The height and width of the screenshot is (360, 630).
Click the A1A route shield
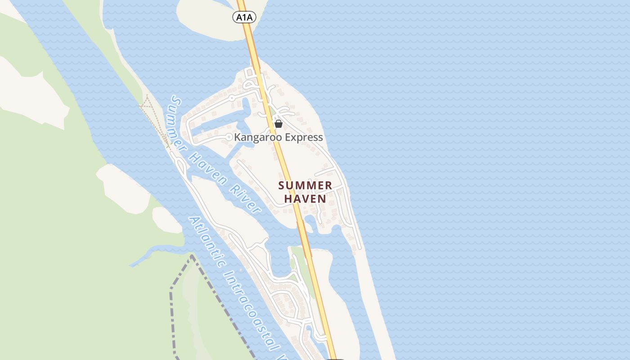pos(244,18)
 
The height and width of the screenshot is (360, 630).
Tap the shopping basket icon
pos(279,124)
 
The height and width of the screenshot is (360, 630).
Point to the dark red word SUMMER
pos(305,185)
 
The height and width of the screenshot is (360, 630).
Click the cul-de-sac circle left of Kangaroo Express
pos(229,137)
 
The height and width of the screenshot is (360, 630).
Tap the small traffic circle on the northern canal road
pos(232,97)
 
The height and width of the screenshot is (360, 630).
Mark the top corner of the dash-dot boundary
pos(192,256)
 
